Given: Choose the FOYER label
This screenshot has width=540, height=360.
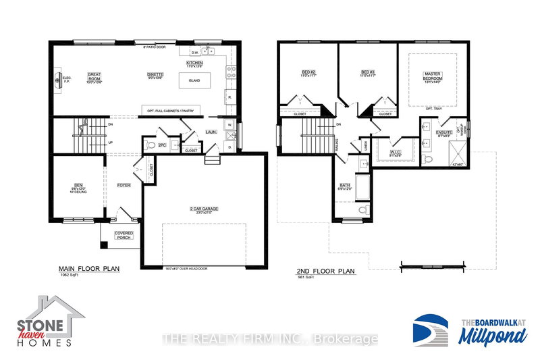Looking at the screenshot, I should [x=124, y=184].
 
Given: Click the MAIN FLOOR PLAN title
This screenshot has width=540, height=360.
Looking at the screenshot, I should [x=88, y=268].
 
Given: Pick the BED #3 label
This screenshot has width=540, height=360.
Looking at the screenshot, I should [x=367, y=72].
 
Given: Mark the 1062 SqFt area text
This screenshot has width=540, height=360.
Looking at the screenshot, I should [x=70, y=276].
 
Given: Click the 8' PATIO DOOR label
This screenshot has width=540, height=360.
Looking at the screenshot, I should [x=155, y=47].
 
